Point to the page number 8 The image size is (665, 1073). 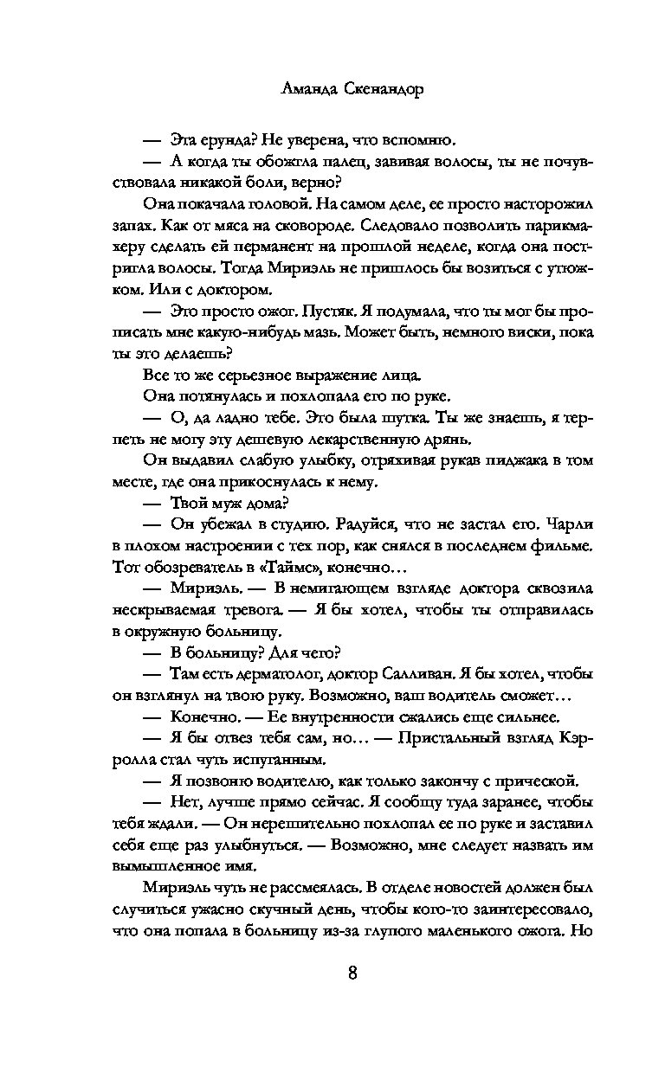click(352, 972)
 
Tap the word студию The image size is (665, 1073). click(292, 524)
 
